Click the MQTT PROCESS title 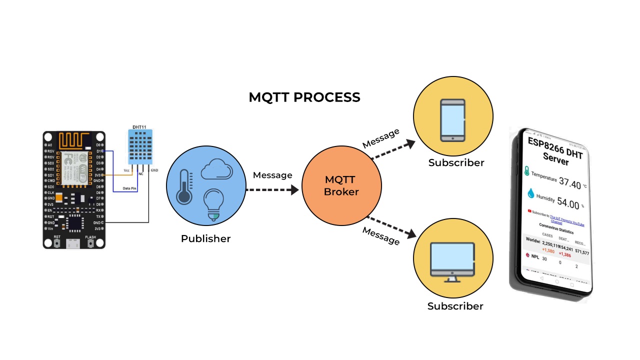[304, 97]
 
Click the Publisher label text [205, 238]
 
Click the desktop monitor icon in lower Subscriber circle [452, 261]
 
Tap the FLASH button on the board [91, 243]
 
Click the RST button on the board [57, 243]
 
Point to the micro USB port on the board [74, 244]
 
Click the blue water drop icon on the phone [530, 193]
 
